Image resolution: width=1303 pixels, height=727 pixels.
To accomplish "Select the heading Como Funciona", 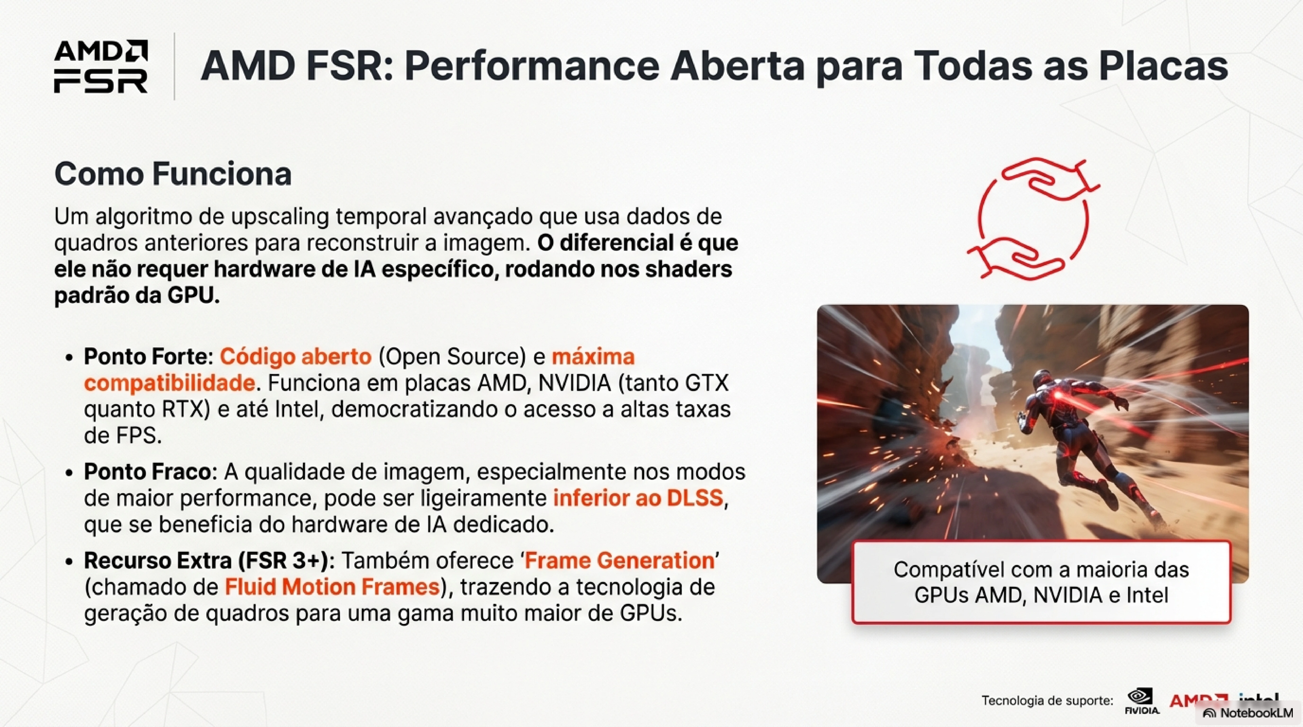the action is click(x=173, y=174).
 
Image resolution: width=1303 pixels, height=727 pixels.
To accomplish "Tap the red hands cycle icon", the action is click(x=1033, y=218).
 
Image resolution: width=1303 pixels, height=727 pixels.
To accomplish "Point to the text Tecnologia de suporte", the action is click(x=1048, y=701).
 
